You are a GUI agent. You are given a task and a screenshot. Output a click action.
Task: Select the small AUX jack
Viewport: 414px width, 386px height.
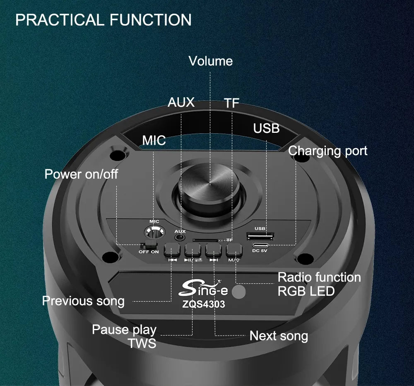click(x=180, y=237)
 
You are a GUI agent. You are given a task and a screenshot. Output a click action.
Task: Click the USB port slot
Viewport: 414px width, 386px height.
click(x=260, y=235)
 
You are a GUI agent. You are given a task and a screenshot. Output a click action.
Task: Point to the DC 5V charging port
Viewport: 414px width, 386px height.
click(x=260, y=245)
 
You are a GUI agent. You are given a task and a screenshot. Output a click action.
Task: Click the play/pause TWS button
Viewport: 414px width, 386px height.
click(x=193, y=249)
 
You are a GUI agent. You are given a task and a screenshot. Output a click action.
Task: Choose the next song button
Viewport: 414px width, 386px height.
click(x=214, y=249)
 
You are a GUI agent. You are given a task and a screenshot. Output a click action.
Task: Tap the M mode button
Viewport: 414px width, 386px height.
click(x=234, y=249)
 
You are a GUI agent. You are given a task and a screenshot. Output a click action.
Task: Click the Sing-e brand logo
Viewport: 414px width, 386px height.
click(x=203, y=288)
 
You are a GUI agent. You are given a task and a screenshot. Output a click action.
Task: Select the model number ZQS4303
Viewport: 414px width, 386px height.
click(x=204, y=304)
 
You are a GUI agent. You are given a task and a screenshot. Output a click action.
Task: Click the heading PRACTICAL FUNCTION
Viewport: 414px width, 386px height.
click(x=103, y=20)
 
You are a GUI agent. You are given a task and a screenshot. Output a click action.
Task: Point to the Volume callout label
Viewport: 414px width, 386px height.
click(x=211, y=61)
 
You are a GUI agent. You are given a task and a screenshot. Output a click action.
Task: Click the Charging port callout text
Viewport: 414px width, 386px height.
click(x=327, y=151)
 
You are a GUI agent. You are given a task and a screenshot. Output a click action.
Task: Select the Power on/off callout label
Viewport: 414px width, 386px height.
click(x=81, y=174)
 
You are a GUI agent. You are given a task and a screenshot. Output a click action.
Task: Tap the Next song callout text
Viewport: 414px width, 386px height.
click(x=279, y=336)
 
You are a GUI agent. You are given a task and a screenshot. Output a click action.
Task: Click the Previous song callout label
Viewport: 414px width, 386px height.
click(x=83, y=301)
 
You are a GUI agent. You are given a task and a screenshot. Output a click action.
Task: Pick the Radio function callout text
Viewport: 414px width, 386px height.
click(x=319, y=277)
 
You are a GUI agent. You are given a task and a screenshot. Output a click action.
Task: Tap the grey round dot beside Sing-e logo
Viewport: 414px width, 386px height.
click(x=239, y=292)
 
